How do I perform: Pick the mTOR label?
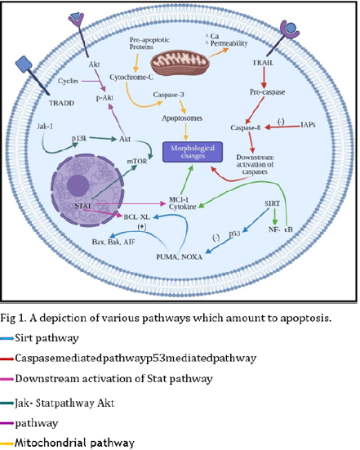point(137,163)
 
